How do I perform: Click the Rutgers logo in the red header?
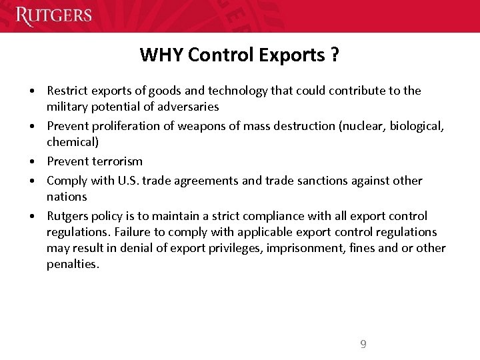tap(53, 15)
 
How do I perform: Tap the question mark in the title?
tap(333, 55)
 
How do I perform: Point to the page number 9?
tap(363, 344)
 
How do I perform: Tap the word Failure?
tap(135, 232)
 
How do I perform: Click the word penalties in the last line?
tap(72, 265)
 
